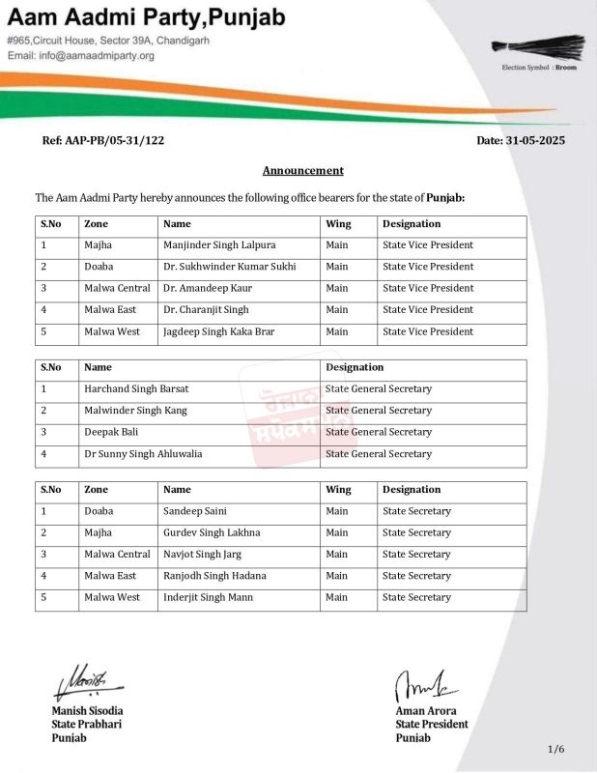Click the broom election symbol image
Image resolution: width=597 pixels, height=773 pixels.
(x=540, y=46)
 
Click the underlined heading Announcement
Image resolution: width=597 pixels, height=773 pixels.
(x=303, y=171)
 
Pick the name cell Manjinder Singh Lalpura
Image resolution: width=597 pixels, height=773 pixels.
(x=219, y=245)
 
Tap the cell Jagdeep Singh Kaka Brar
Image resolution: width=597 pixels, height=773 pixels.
(x=219, y=331)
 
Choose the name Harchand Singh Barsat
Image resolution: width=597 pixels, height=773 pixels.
(x=136, y=388)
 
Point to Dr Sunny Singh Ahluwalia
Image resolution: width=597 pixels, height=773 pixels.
(x=143, y=453)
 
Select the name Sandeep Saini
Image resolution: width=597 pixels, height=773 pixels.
(x=195, y=511)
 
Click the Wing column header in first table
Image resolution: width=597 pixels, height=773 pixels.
(x=338, y=223)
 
